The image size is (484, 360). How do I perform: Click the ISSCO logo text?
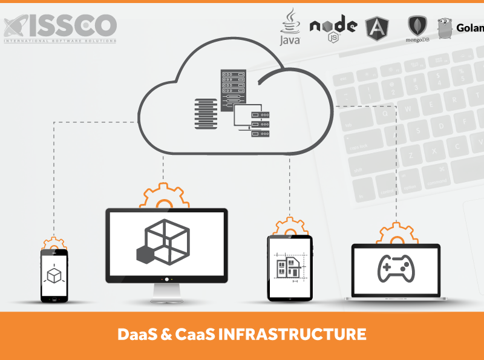pyautogui.click(x=60, y=25)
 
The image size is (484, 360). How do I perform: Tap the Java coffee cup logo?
pyautogui.click(x=290, y=28)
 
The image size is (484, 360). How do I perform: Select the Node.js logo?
pyautogui.click(x=333, y=27)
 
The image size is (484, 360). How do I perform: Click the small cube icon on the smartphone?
pyautogui.click(x=54, y=274)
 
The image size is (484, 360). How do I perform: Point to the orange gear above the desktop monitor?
pyautogui.click(x=162, y=197)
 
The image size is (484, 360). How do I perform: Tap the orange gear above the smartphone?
pyautogui.click(x=54, y=243)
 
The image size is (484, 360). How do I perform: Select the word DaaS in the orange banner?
pyautogui.click(x=137, y=333)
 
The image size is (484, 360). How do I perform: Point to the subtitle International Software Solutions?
pyautogui.click(x=60, y=41)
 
